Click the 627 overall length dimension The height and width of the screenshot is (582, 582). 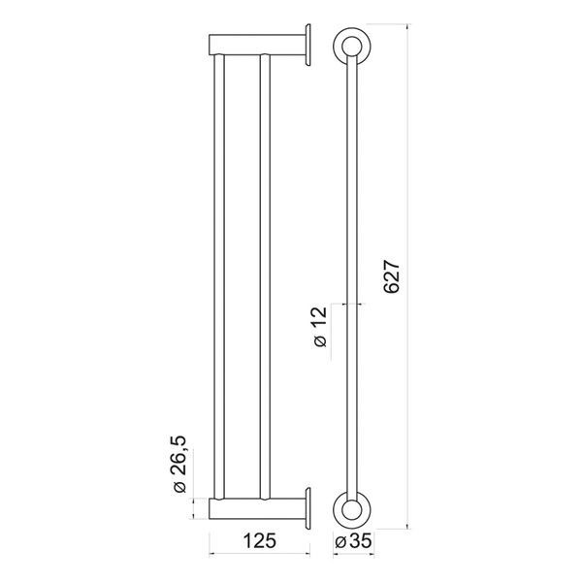(392, 276)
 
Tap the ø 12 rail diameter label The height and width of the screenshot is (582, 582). (320, 327)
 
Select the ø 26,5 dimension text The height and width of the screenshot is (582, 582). (179, 464)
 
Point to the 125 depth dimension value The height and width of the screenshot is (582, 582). (259, 540)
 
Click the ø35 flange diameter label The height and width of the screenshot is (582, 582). (353, 541)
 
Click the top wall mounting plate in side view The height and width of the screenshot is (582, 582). (307, 45)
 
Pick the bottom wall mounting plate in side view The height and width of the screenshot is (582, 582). (307, 508)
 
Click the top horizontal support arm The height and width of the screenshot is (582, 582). (257, 45)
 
